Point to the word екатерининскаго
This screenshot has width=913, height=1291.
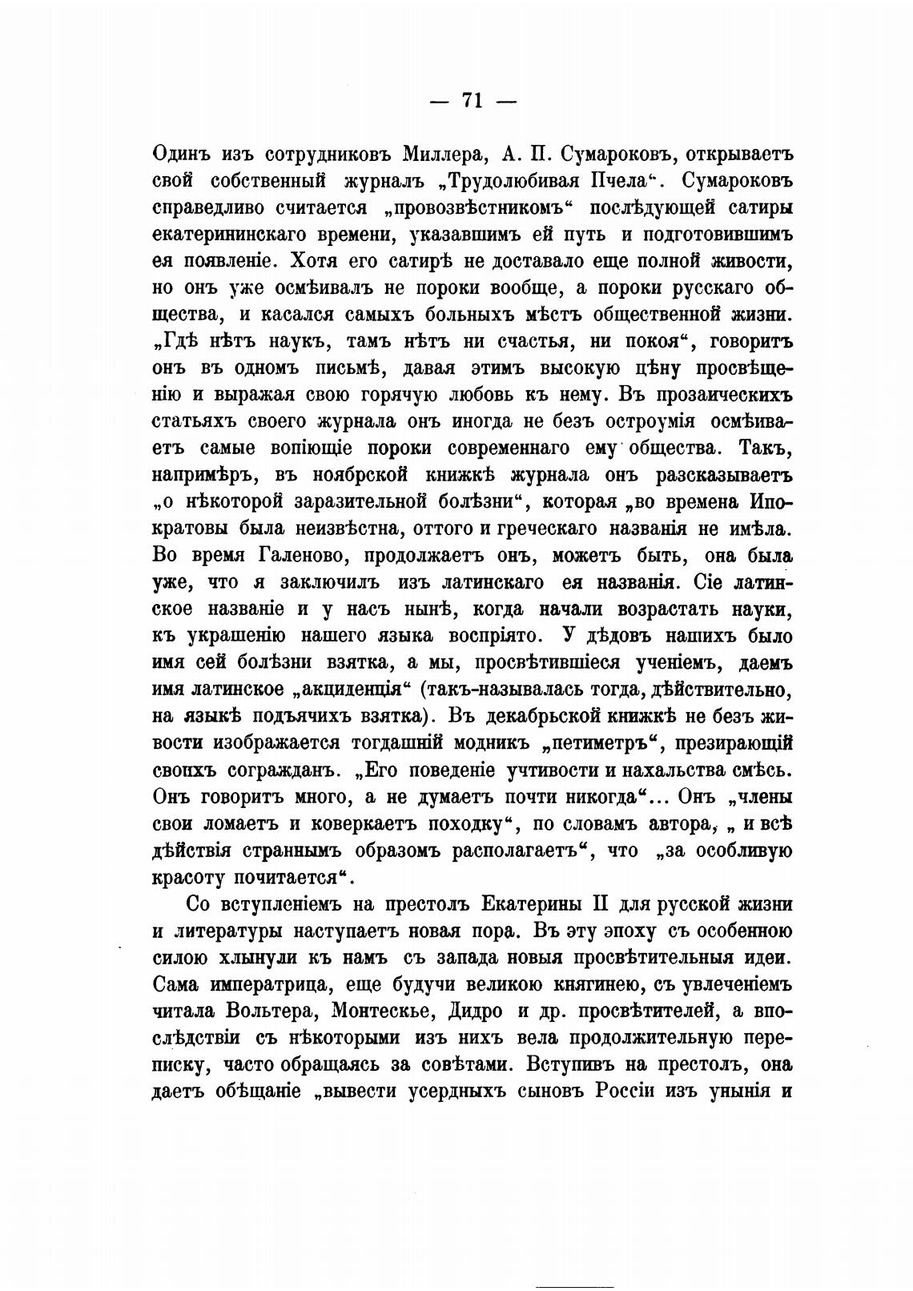tap(212, 234)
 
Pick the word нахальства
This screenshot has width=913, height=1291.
tap(658, 770)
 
